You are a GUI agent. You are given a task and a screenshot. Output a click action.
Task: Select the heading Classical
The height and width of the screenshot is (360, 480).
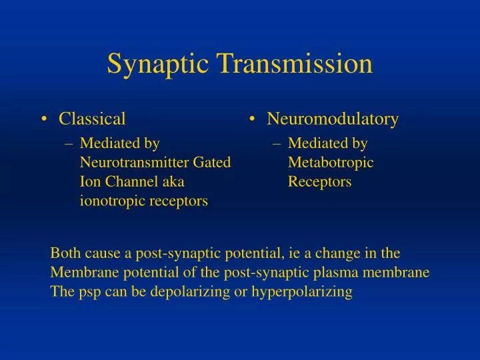[x=92, y=119]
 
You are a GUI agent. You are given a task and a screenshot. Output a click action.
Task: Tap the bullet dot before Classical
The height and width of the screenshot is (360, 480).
[x=44, y=120]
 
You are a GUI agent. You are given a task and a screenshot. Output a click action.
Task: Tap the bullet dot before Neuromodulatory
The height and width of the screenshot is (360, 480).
[x=253, y=120]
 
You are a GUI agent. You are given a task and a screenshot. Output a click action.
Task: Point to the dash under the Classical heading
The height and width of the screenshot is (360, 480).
[x=69, y=143]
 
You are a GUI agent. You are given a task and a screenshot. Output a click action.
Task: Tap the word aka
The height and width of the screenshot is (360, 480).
[x=172, y=181]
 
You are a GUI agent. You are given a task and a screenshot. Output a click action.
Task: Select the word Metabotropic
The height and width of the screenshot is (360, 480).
[x=331, y=162]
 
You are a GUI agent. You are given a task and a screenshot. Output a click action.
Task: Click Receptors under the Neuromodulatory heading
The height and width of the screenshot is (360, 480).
[x=319, y=181]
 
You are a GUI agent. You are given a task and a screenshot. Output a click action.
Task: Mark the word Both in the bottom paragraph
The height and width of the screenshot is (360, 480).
[x=64, y=253]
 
